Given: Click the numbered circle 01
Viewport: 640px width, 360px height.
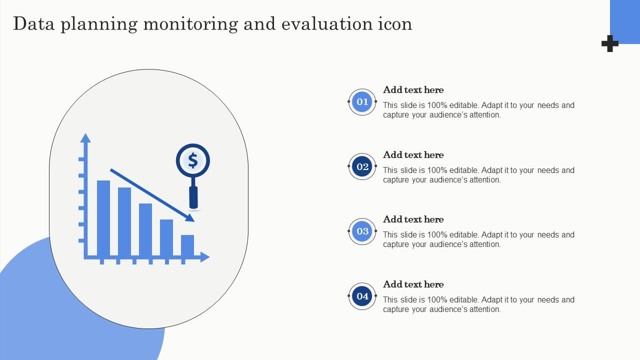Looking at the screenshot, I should pyautogui.click(x=362, y=102).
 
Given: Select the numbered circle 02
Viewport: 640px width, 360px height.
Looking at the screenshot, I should pyautogui.click(x=362, y=166).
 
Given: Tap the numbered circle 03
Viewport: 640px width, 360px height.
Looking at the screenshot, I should pyautogui.click(x=362, y=231).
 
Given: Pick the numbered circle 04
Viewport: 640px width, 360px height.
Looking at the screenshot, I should pyautogui.click(x=362, y=296).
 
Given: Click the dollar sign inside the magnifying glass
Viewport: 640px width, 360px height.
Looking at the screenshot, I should pyautogui.click(x=193, y=160).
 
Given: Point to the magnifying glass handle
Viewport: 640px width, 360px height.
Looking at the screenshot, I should pyautogui.click(x=193, y=197).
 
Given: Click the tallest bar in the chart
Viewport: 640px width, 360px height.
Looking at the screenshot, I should pyautogui.click(x=103, y=218).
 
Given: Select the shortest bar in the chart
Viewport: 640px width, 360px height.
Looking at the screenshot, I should pyautogui.click(x=187, y=245).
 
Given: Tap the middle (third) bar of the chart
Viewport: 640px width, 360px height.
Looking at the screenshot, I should pyautogui.click(x=145, y=230).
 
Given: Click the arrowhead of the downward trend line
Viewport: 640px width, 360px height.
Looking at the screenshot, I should pyautogui.click(x=190, y=217).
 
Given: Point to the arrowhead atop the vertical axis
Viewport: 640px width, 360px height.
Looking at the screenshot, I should pyautogui.click(x=85, y=138).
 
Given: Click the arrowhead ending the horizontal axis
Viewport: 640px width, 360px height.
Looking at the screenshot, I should pyautogui.click(x=204, y=257).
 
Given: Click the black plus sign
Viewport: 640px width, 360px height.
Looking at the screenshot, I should pyautogui.click(x=609, y=43).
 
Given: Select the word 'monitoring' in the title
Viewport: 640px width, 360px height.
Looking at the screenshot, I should pyautogui.click(x=190, y=24).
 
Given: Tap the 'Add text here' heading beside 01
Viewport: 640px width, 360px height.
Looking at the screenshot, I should pyautogui.click(x=413, y=90).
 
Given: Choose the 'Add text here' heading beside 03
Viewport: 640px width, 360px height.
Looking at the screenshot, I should pyautogui.click(x=413, y=219).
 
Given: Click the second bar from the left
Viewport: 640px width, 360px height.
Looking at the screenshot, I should pyautogui.click(x=124, y=222).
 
